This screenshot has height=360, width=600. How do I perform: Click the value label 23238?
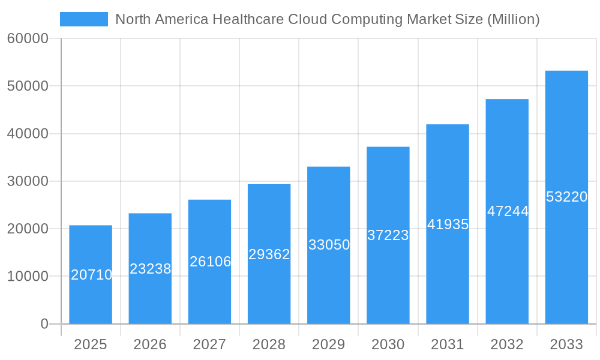(150, 269)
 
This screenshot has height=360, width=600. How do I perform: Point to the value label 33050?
(329, 245)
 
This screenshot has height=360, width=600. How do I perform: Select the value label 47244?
(508, 211)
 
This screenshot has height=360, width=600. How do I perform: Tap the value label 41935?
(448, 224)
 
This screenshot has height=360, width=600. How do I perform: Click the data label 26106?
(210, 262)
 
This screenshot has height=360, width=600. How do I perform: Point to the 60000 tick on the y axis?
(28, 39)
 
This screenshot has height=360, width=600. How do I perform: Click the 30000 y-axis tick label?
(28, 181)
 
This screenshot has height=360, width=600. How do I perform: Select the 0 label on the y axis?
(44, 324)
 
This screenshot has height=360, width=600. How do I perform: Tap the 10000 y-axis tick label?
(28, 277)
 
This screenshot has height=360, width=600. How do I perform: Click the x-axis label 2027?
(209, 344)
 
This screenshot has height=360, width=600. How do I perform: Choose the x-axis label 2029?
(329, 344)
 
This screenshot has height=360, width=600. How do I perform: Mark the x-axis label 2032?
(507, 344)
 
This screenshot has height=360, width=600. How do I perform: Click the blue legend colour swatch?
(84, 19)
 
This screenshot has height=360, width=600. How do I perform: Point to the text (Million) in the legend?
(513, 19)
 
